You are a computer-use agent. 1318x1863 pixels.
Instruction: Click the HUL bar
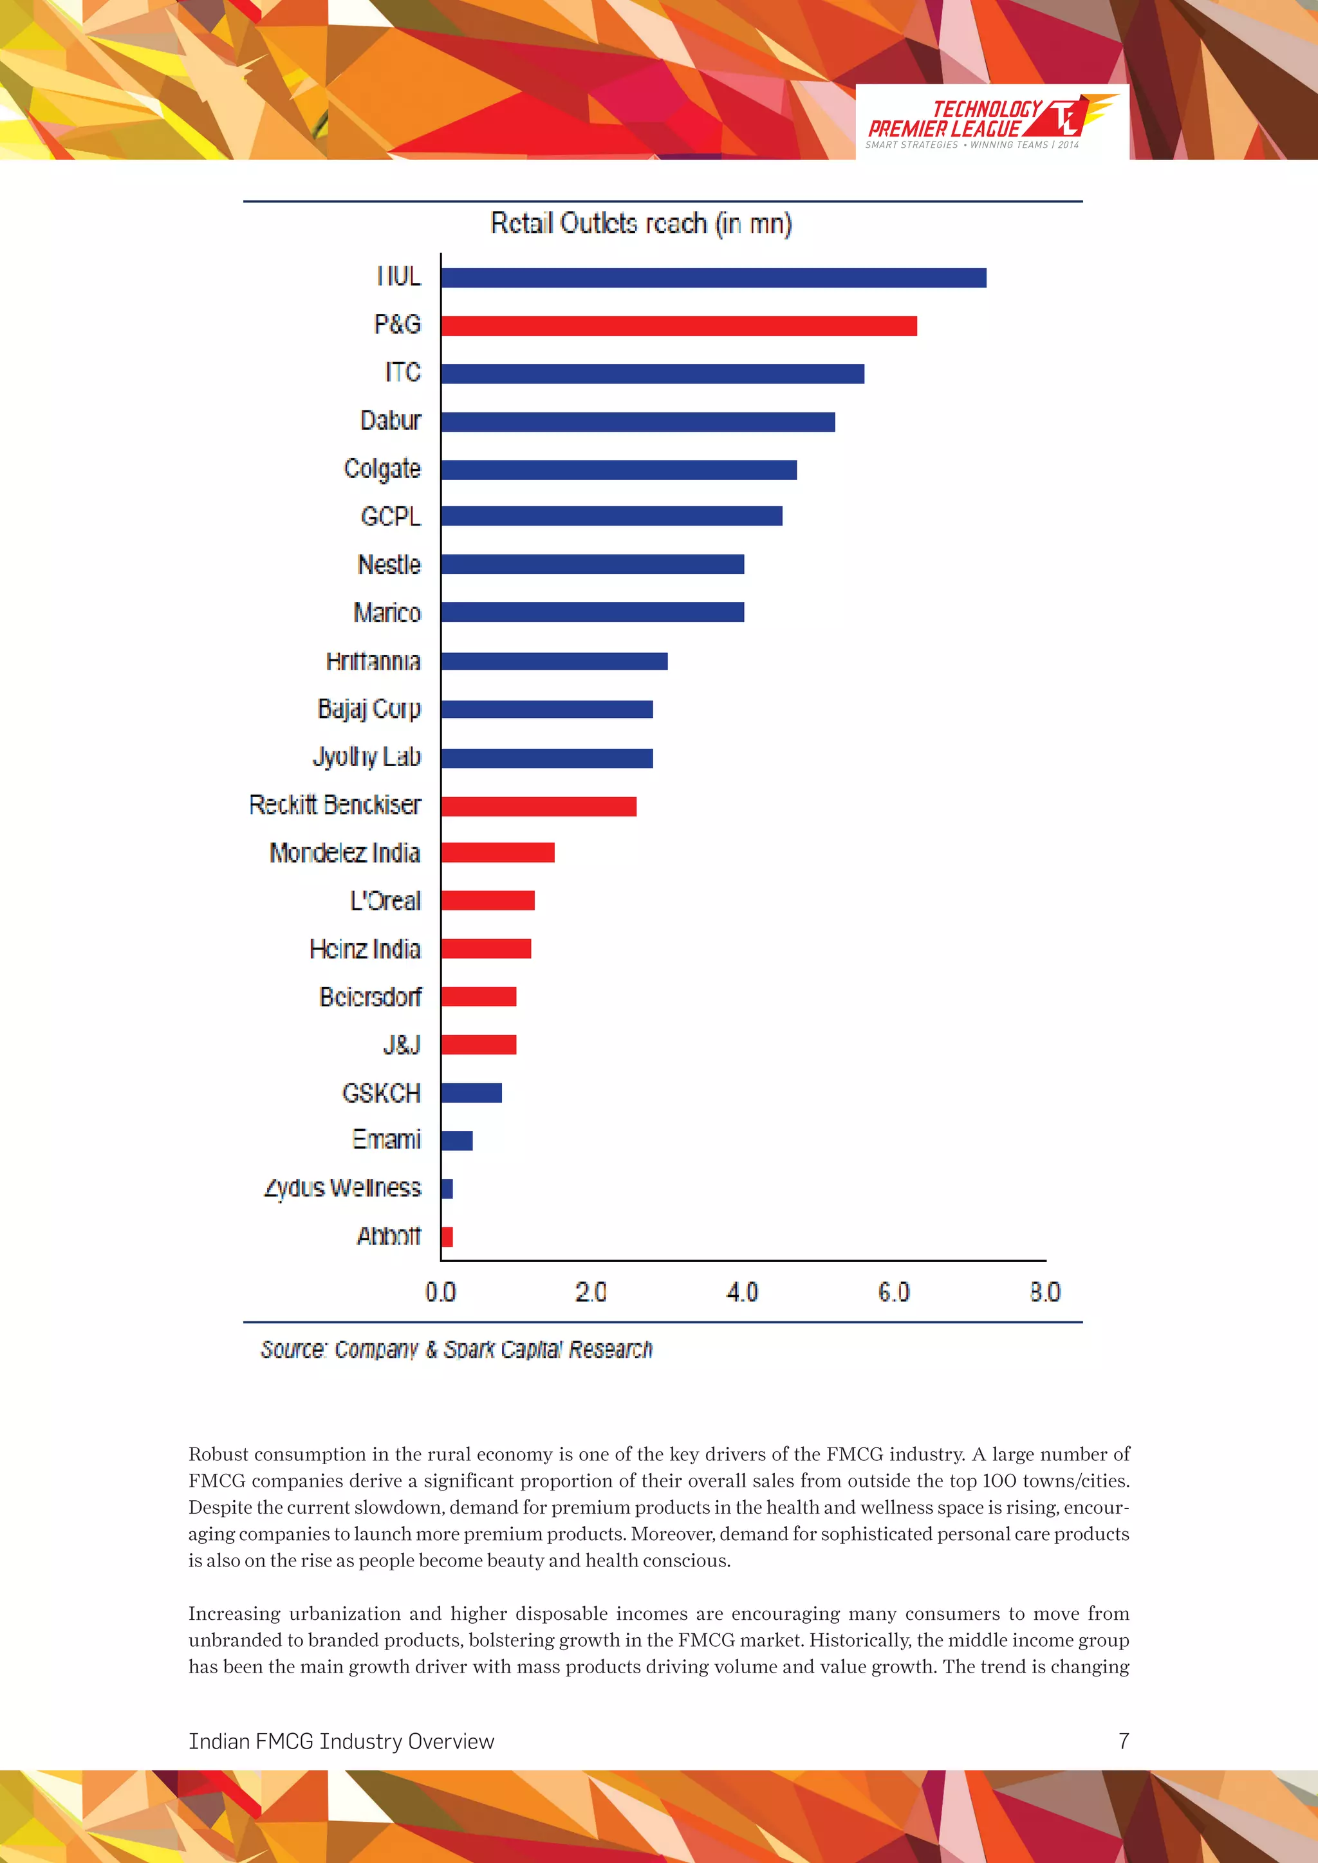713,277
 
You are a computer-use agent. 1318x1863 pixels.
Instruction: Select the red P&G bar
678,326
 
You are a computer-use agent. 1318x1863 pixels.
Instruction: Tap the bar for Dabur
638,422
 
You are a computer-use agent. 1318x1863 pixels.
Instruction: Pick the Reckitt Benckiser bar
539,805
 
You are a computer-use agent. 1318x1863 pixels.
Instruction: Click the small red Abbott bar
447,1236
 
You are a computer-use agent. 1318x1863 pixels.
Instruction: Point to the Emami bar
457,1141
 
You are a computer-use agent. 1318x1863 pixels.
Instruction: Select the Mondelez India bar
497,853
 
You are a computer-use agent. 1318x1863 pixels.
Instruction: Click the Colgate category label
382,469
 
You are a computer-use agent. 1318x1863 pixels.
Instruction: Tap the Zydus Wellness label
342,1188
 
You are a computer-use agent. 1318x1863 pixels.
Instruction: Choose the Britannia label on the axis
373,661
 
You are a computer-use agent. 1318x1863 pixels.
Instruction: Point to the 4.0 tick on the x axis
742,1292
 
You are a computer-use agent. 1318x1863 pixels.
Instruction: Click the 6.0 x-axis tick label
893,1292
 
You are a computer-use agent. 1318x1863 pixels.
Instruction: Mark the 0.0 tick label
441,1292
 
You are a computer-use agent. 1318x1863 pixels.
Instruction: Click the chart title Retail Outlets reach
641,223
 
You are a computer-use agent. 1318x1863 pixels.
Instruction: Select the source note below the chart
456,1350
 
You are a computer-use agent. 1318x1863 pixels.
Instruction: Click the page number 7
1123,1741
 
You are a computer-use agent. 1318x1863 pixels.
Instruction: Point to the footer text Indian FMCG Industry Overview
341,1741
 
